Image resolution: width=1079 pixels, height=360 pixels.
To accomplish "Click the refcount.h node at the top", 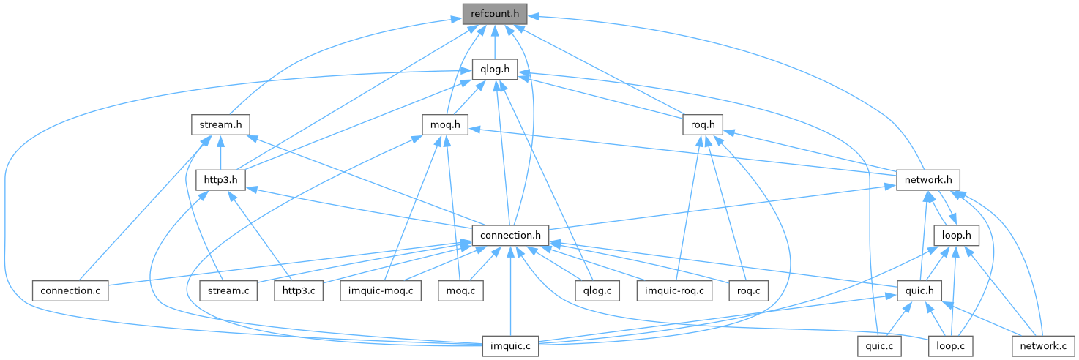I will tap(494, 14).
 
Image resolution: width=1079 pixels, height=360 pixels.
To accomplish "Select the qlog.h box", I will tap(495, 70).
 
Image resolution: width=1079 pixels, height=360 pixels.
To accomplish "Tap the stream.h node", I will tap(220, 124).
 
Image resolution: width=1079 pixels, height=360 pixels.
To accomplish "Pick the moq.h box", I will tap(445, 124).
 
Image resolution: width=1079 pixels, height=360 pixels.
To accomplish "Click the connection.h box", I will tap(510, 235).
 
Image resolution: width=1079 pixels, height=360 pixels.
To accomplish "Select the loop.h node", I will tap(957, 235).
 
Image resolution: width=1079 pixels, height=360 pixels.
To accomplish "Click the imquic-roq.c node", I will tap(674, 290).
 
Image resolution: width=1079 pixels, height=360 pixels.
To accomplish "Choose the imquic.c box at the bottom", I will tap(510, 345).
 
